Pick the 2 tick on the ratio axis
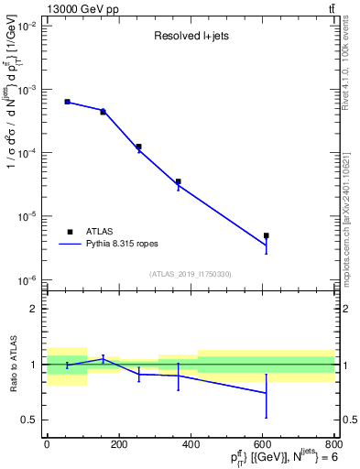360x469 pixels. pyautogui.click(x=37, y=309)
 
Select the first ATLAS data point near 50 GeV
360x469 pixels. pyautogui.click(x=67, y=102)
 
